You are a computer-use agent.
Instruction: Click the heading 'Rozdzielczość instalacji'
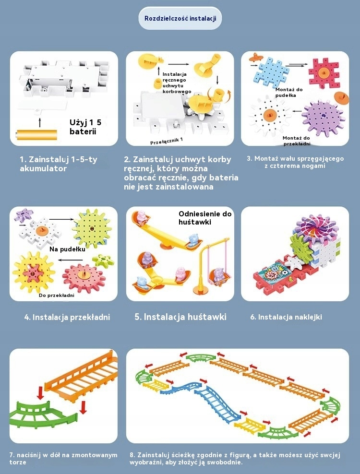(180, 19)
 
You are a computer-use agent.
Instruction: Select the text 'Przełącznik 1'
(167, 140)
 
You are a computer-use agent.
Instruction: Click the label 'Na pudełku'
(68, 249)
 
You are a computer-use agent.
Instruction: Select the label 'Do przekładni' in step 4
(57, 295)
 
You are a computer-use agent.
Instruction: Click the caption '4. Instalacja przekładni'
(67, 317)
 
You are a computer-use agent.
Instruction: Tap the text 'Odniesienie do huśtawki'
(205, 218)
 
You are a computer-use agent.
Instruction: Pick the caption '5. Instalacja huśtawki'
(180, 317)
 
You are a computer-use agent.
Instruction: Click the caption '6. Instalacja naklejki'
(286, 317)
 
